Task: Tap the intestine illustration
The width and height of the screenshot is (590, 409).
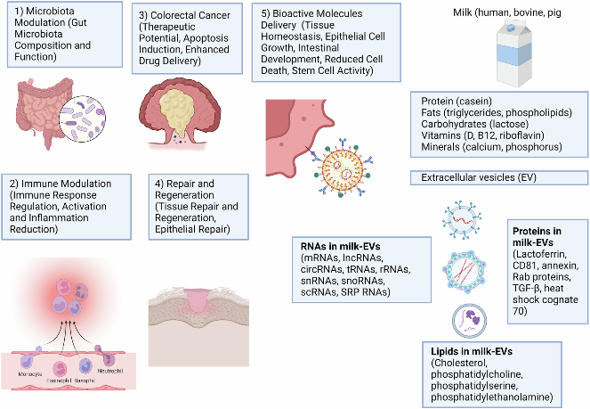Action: click(x=41, y=117)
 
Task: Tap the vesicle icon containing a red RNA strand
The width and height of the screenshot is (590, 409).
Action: click(x=464, y=219)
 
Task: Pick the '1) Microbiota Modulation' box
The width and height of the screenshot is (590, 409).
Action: click(x=61, y=33)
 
